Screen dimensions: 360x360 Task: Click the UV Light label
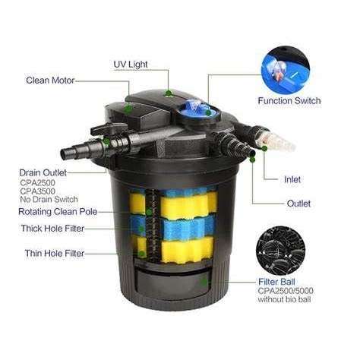131,65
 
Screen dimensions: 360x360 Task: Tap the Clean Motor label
50,81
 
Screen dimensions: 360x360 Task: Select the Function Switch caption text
289,101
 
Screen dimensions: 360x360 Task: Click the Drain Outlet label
43,172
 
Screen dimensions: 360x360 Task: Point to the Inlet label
292,179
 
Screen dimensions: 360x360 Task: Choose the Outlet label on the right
298,204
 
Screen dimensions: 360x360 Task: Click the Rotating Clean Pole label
58,212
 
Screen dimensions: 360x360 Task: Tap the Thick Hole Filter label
52,229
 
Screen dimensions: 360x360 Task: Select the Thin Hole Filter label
55,253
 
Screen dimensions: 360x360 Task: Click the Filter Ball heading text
276,282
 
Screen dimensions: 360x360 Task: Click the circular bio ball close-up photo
280,251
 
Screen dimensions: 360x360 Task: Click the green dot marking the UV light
168,93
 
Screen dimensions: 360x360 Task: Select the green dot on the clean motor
128,109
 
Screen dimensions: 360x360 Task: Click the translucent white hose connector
277,139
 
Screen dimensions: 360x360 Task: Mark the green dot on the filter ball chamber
204,281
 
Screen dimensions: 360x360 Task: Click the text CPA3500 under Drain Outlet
37,191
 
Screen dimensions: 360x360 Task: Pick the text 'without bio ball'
284,299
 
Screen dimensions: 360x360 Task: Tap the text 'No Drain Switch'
49,199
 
